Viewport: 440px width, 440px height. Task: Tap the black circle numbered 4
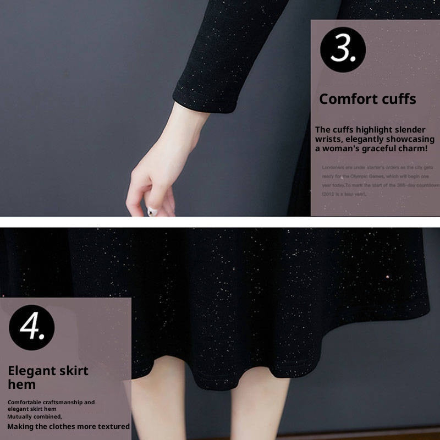pyautogui.click(x=31, y=328)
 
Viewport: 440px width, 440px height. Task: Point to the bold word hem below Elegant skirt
pyautogui.click(x=21, y=384)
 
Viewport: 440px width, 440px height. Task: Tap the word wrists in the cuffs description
pyautogui.click(x=328, y=139)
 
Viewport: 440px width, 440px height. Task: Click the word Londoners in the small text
pyautogui.click(x=333, y=166)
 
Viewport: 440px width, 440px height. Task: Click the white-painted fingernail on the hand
pyautogui.click(x=155, y=211)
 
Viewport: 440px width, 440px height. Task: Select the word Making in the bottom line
pyautogui.click(x=22, y=426)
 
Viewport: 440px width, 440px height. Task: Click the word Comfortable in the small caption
pyautogui.click(x=25, y=403)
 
